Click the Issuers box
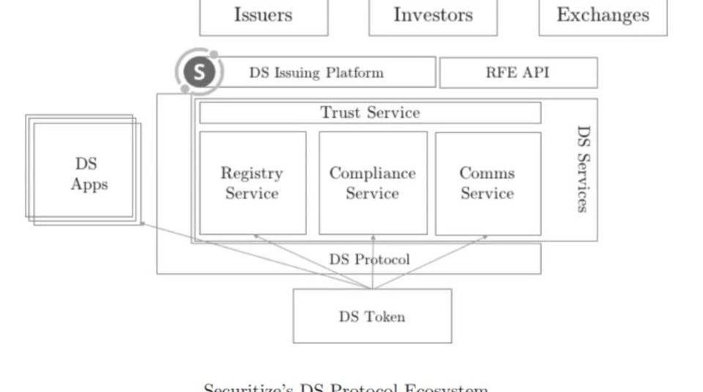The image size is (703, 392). (x=264, y=16)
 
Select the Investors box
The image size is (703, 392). (x=433, y=16)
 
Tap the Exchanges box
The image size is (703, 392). (x=603, y=16)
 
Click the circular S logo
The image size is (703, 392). (x=198, y=72)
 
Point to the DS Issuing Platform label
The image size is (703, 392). (x=316, y=73)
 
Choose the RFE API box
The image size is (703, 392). (x=518, y=73)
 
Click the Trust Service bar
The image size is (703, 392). (x=370, y=113)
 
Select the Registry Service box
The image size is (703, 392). (x=253, y=183)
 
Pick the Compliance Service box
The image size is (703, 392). (x=373, y=183)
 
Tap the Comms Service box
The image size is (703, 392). (x=488, y=183)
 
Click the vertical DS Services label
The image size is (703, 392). (x=583, y=169)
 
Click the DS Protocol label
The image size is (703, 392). (x=369, y=260)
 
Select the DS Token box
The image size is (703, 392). (x=372, y=316)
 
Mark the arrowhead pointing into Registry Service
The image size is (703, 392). (x=256, y=236)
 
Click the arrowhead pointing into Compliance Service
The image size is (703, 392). (x=373, y=237)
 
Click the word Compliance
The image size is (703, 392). (x=372, y=173)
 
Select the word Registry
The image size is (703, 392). (x=251, y=173)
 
